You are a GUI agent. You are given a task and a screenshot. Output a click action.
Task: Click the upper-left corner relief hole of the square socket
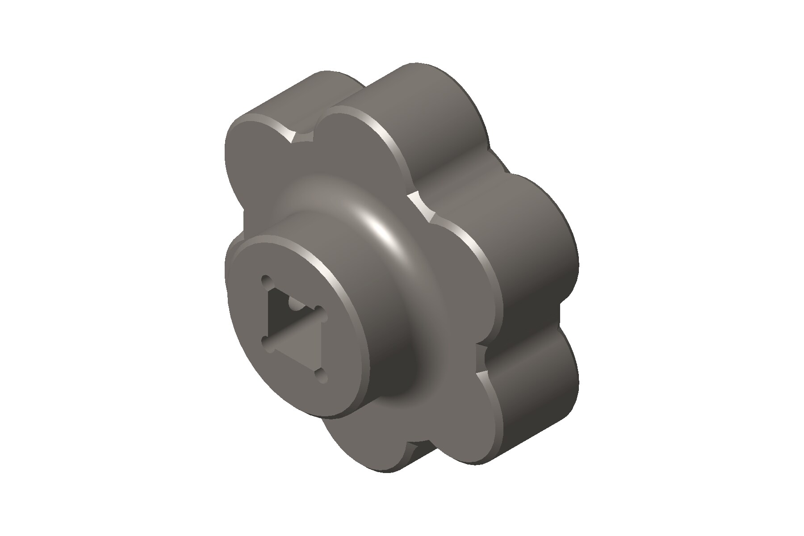pos(267,282)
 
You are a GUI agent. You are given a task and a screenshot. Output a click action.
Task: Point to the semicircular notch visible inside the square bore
pos(295,304)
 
